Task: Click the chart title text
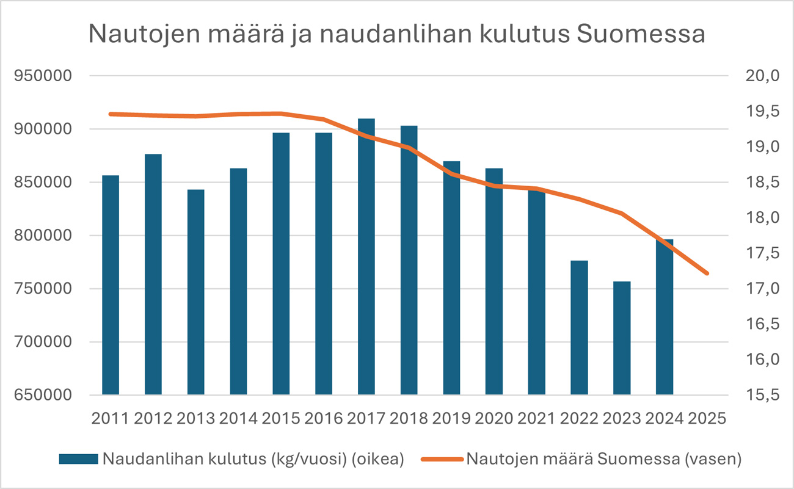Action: (397, 34)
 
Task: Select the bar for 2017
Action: (366, 256)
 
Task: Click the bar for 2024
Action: (665, 317)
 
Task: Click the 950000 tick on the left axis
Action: (43, 76)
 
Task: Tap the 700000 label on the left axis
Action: (43, 342)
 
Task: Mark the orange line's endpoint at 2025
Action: (707, 273)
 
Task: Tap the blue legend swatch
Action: (78, 459)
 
